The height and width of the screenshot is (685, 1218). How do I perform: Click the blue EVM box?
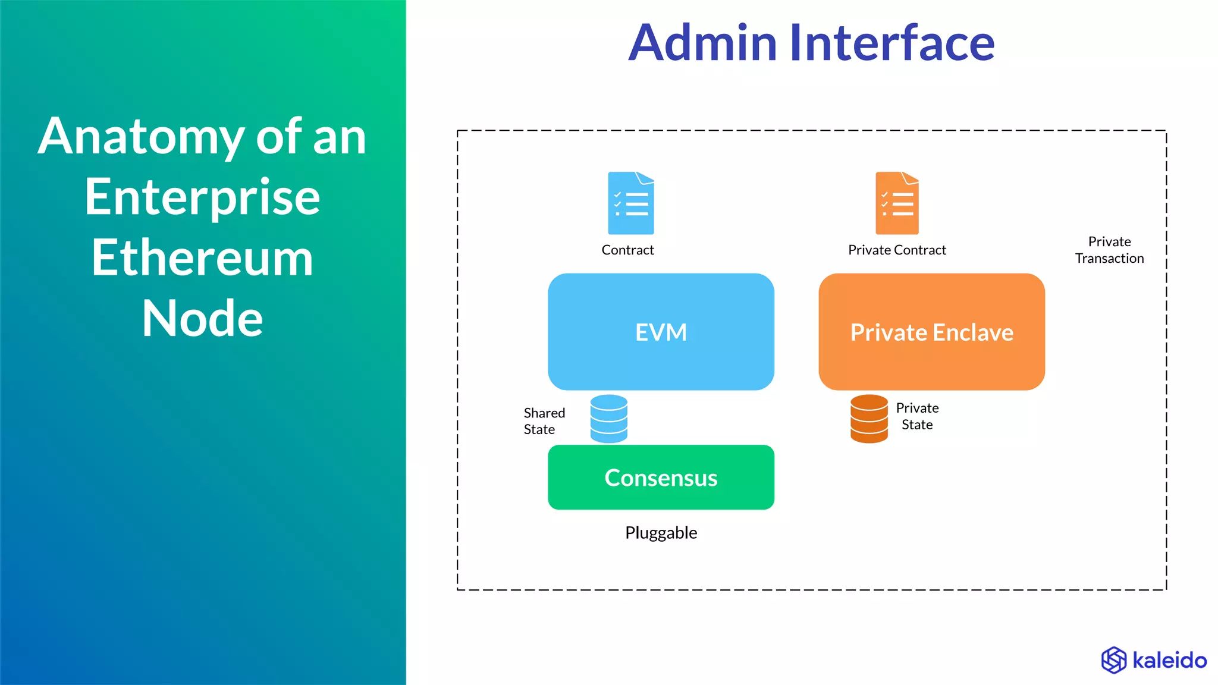click(x=661, y=332)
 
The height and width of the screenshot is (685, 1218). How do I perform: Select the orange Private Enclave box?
click(x=931, y=332)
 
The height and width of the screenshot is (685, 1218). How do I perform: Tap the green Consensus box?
click(x=661, y=477)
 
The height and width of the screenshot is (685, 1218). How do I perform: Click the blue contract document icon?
click(x=630, y=203)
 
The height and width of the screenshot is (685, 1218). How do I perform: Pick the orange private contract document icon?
click(x=897, y=203)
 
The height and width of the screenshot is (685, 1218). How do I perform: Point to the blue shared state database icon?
click(x=608, y=419)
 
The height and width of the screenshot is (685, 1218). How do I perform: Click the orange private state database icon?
click(x=869, y=419)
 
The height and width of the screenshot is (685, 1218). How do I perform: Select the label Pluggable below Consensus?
click(x=661, y=533)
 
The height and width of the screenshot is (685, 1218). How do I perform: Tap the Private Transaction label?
click(x=1109, y=250)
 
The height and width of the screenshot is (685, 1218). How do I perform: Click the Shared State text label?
click(x=544, y=421)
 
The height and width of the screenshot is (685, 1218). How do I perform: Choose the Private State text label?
click(x=917, y=416)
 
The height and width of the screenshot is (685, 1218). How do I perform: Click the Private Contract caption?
click(x=897, y=250)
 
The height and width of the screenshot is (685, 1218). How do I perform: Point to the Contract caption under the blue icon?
click(x=627, y=250)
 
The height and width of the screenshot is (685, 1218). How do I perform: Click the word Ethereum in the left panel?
click(x=202, y=258)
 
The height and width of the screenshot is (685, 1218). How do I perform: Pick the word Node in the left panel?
click(x=202, y=319)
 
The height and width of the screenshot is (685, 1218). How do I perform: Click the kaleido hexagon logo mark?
click(x=1113, y=660)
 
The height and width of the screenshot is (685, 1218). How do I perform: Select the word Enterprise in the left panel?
click(x=202, y=197)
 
